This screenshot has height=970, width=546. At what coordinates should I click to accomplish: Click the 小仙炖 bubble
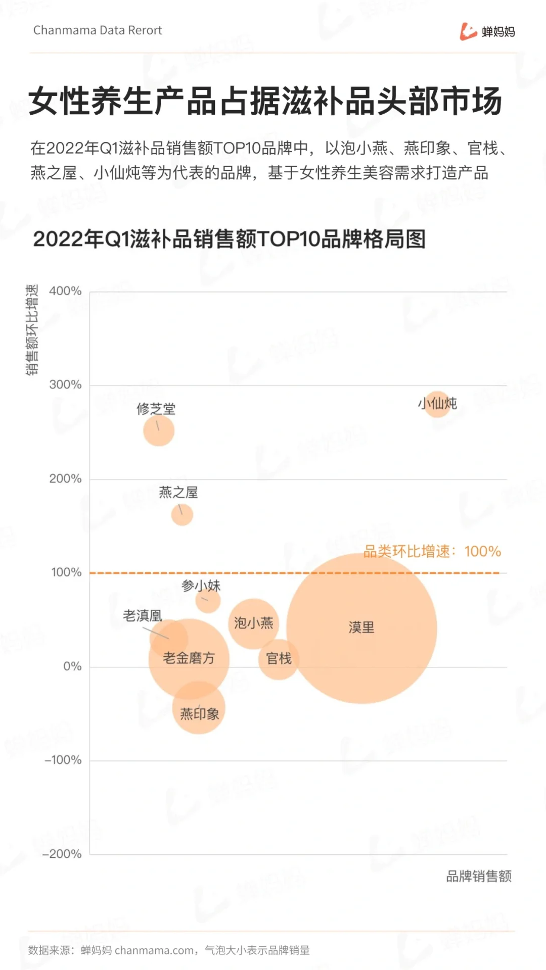[x=437, y=404]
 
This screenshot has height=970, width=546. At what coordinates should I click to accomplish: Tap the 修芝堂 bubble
[x=159, y=431]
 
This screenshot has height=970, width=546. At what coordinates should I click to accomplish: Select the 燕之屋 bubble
[x=182, y=515]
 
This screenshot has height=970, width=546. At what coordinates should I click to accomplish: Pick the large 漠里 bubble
[x=361, y=628]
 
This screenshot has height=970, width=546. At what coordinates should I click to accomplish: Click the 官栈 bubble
[x=279, y=659]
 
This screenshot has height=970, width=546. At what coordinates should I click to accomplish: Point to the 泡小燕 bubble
[x=253, y=623]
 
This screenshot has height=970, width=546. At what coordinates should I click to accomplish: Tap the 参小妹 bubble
[x=208, y=601]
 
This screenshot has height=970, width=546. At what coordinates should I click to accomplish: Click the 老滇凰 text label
[x=143, y=616]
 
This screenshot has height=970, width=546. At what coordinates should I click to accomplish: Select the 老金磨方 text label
[x=189, y=658]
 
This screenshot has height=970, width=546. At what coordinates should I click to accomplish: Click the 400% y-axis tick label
[x=65, y=291]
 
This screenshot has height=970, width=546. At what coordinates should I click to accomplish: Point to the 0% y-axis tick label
[x=72, y=666]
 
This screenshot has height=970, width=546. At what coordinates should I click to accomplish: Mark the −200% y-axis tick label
[x=63, y=854]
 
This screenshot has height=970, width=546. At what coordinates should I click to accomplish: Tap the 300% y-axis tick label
[x=65, y=384]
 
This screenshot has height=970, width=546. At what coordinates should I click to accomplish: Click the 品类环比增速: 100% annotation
[x=432, y=551]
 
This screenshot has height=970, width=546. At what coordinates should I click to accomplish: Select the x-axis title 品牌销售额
[x=478, y=876]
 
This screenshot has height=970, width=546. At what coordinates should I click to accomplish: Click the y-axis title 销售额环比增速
[x=32, y=329]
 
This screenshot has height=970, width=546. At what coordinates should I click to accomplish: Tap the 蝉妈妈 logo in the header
[x=487, y=31]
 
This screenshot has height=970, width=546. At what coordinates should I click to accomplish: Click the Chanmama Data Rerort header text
[x=98, y=30]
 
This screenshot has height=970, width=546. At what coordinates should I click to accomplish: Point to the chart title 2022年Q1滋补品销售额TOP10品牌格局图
[x=229, y=239]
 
